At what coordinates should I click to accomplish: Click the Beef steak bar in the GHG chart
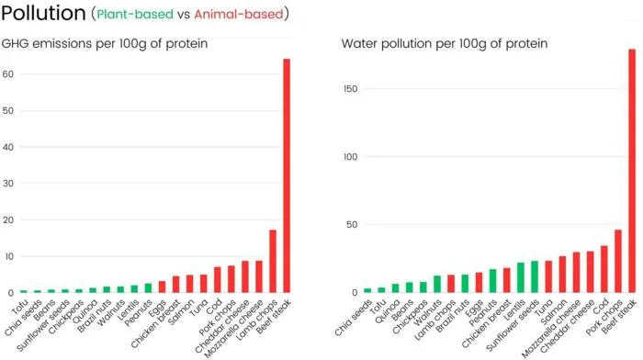click(x=287, y=175)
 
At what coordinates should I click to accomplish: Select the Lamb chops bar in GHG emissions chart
click(x=273, y=261)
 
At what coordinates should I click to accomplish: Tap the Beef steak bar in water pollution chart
click(x=632, y=171)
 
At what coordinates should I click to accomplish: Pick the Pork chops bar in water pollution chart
click(x=618, y=261)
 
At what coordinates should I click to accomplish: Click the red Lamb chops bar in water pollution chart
click(x=451, y=284)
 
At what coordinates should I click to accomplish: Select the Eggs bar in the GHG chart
click(x=162, y=287)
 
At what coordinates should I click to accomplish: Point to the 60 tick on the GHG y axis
click(x=7, y=74)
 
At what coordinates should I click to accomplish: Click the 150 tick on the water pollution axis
click(x=351, y=88)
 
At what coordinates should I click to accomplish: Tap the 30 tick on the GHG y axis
click(x=7, y=184)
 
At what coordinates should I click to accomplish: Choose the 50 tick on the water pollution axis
click(x=352, y=225)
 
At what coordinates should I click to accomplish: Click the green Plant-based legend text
click(x=135, y=15)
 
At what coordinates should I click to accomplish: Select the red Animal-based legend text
click(x=239, y=15)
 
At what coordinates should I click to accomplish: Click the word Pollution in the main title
click(x=43, y=13)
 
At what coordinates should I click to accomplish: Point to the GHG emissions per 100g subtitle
click(x=105, y=43)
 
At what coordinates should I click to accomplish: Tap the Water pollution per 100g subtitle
click(x=445, y=43)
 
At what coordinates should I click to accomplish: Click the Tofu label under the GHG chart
click(x=20, y=308)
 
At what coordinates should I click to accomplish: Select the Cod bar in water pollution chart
click(x=604, y=269)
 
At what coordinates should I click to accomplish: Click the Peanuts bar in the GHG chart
click(x=148, y=287)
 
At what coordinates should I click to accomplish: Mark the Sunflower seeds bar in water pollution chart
click(x=535, y=276)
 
